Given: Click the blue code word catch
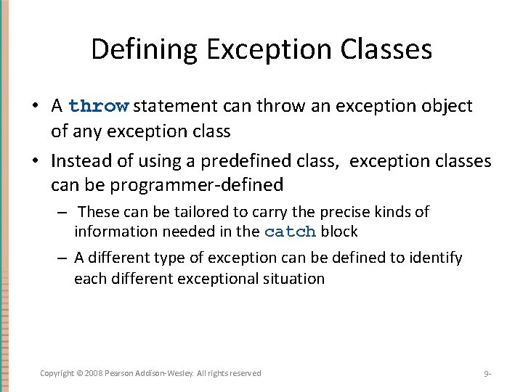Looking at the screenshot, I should point(290,232).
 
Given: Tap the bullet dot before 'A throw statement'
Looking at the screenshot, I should point(35,107).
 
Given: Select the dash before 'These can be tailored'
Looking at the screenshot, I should point(64,213).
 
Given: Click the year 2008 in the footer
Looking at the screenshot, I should point(94,373).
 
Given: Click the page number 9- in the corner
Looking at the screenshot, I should point(487,374).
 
